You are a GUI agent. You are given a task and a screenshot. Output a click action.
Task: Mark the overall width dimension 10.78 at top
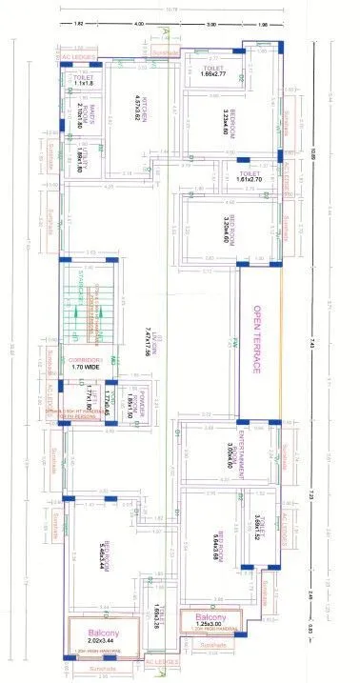pyautogui.click(x=171, y=10)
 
